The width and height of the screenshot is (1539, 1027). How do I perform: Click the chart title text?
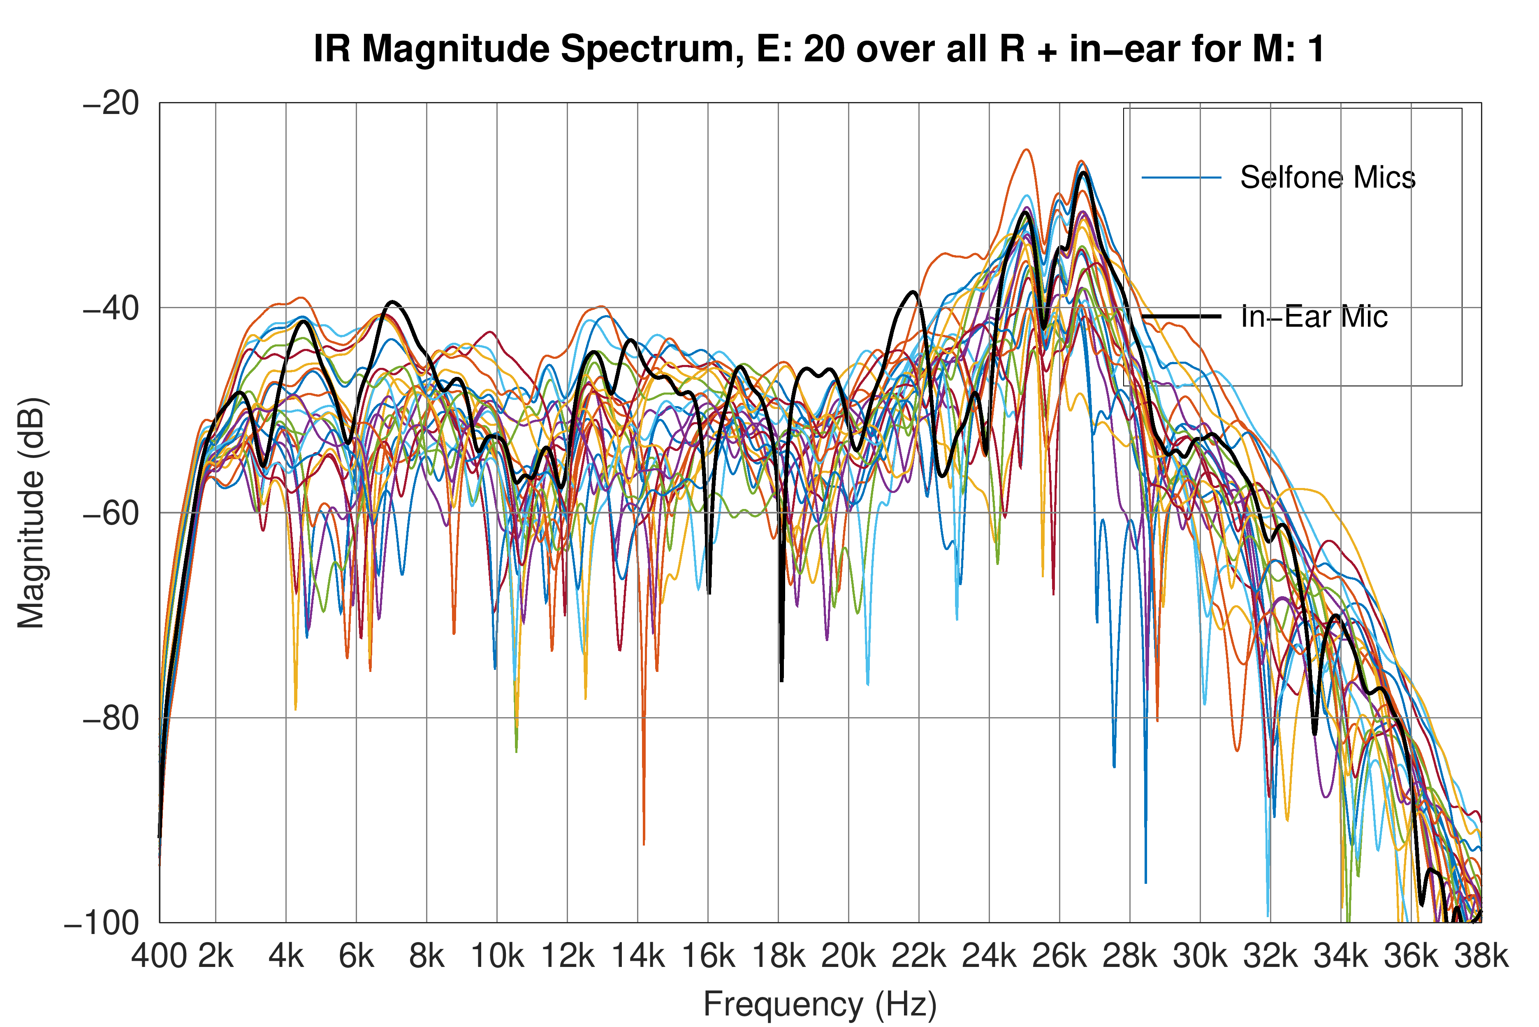coord(819,49)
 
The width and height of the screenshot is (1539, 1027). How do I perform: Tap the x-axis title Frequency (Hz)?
coord(820,1004)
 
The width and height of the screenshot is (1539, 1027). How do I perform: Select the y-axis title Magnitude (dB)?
coord(31,512)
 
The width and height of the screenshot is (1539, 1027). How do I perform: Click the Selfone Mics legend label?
coord(1328,177)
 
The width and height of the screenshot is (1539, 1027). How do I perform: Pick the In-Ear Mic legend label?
coord(1314,317)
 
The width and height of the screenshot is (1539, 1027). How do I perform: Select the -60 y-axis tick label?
coord(111,513)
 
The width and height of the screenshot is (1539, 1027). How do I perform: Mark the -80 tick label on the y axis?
coord(111,718)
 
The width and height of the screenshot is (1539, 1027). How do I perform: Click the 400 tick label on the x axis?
coord(159,956)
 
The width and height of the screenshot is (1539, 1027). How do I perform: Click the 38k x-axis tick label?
coord(1481,956)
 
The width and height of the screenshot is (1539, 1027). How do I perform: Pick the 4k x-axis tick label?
coord(286,956)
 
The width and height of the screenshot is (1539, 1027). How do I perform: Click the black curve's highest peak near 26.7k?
coord(1084,173)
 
